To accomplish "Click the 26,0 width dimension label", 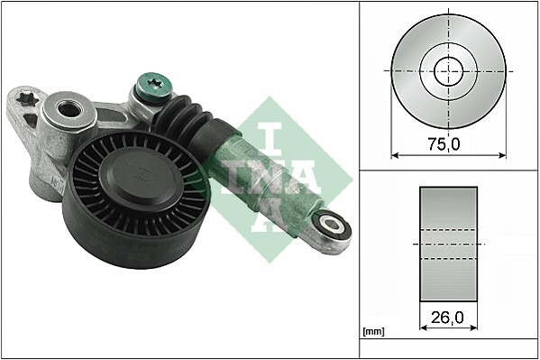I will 448,317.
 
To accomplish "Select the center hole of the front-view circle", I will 448,69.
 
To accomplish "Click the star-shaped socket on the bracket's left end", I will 26,97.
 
